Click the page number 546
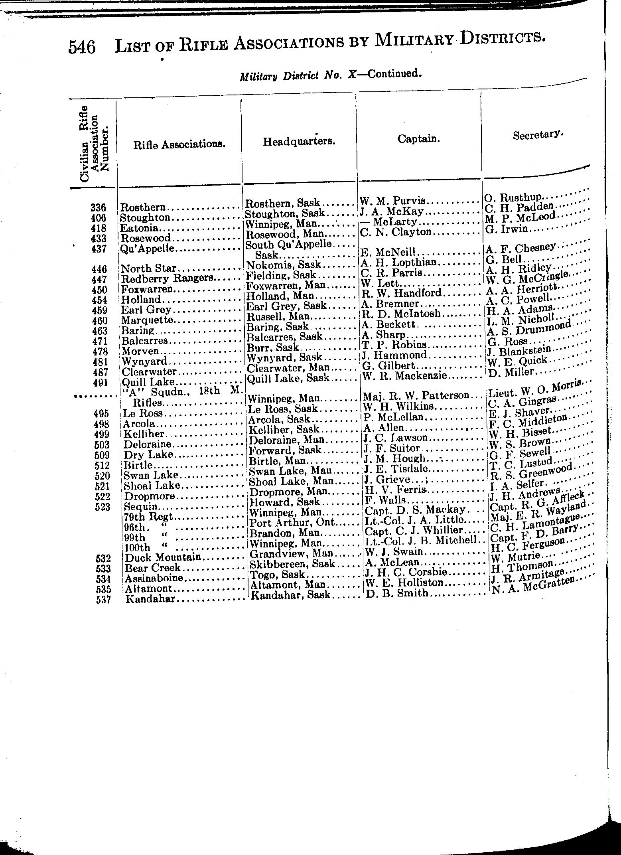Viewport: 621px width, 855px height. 82,47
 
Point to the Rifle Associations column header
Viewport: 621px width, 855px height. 179,144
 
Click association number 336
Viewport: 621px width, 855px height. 98,208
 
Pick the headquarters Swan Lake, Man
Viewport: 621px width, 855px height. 290,471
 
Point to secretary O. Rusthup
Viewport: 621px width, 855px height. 513,197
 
